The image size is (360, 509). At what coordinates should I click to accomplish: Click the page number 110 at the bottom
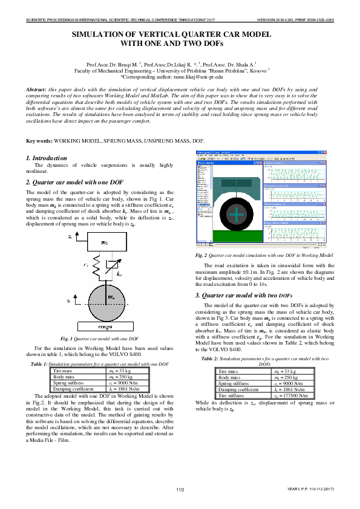pyautogui.click(x=180, y=488)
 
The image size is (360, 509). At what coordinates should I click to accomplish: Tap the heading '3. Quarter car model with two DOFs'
pyautogui.click(x=244, y=296)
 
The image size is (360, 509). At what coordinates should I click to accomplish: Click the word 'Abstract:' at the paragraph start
pyautogui.click(x=38, y=89)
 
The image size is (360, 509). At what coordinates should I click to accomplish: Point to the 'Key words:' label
pyautogui.click(x=39, y=141)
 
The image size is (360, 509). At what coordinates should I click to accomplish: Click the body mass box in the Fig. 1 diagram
pyautogui.click(x=105, y=242)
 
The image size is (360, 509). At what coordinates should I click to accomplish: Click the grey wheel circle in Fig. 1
pyautogui.click(x=104, y=300)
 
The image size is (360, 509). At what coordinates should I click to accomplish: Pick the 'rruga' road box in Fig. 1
pyautogui.click(x=104, y=327)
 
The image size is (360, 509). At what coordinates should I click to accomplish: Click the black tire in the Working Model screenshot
pyautogui.click(x=237, y=214)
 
